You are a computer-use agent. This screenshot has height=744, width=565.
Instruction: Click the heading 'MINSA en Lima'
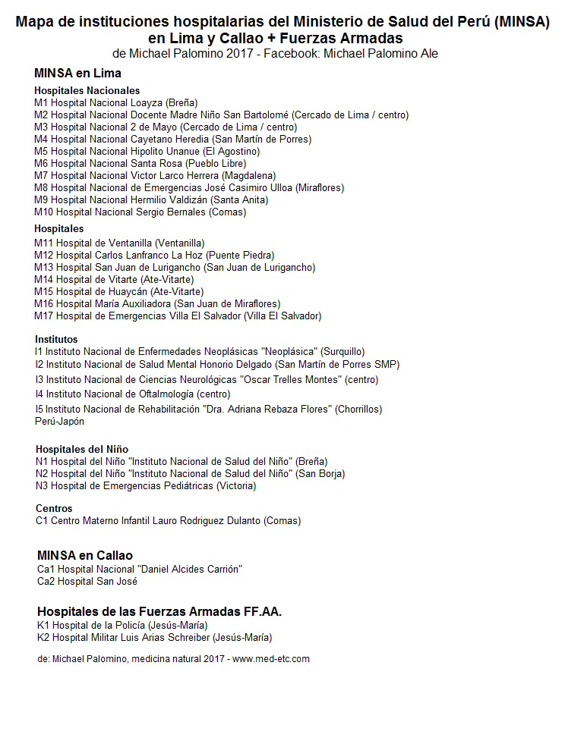point(77,74)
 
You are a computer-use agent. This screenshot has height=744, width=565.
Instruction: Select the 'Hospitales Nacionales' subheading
point(87,91)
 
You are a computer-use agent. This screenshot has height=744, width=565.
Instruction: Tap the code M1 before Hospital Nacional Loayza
point(41,103)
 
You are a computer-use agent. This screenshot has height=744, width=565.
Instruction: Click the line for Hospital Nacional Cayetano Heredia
point(172,140)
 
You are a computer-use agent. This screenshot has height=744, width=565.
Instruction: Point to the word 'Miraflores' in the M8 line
point(320,188)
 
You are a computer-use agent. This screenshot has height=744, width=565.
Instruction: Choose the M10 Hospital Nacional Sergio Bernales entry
point(140,212)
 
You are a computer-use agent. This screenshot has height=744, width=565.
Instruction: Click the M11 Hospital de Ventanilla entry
point(119,243)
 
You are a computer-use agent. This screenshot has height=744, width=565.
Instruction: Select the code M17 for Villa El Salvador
point(44,316)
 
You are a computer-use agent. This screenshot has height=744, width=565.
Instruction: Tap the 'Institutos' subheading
point(56,339)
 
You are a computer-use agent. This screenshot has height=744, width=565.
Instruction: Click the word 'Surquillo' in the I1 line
point(342,352)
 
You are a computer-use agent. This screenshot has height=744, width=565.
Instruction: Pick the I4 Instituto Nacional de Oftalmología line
point(132,394)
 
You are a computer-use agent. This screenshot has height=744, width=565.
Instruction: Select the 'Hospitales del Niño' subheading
point(82,449)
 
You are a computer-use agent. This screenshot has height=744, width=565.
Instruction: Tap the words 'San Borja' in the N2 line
point(320,474)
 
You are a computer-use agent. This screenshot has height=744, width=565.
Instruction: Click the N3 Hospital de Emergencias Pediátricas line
point(146,486)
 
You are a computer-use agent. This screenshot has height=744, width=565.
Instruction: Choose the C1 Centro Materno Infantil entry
point(168,521)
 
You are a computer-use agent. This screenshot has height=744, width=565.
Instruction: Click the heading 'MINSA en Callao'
point(84,556)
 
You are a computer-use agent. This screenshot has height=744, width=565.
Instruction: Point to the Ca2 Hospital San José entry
point(87,582)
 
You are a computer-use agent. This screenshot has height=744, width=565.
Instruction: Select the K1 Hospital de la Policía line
point(122,626)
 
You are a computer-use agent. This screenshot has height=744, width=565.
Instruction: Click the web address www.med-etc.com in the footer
point(270,659)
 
